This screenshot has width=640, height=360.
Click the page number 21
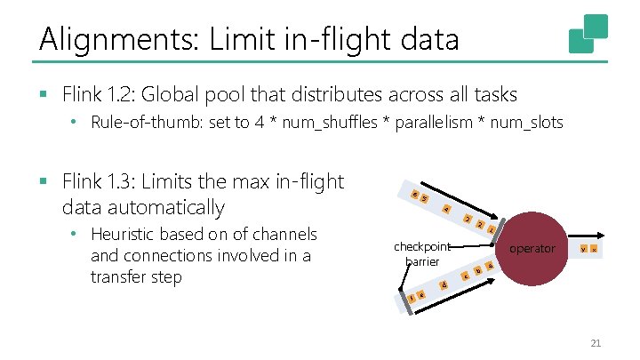tap(596, 343)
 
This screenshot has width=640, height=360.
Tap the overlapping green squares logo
tap(588, 33)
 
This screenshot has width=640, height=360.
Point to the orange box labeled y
tap(582, 250)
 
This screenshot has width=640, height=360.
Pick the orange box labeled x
tap(594, 250)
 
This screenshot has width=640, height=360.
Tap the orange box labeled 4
tap(446, 210)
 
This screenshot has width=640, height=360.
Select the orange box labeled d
tap(443, 285)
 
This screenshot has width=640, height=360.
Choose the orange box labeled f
tap(412, 298)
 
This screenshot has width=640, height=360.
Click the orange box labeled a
tap(490, 266)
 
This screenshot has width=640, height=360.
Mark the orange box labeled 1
tap(492, 229)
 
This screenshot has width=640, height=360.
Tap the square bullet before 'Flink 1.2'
tap(42, 92)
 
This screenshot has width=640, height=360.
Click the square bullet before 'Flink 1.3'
tap(42, 182)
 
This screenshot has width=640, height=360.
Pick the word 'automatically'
tap(174, 207)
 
